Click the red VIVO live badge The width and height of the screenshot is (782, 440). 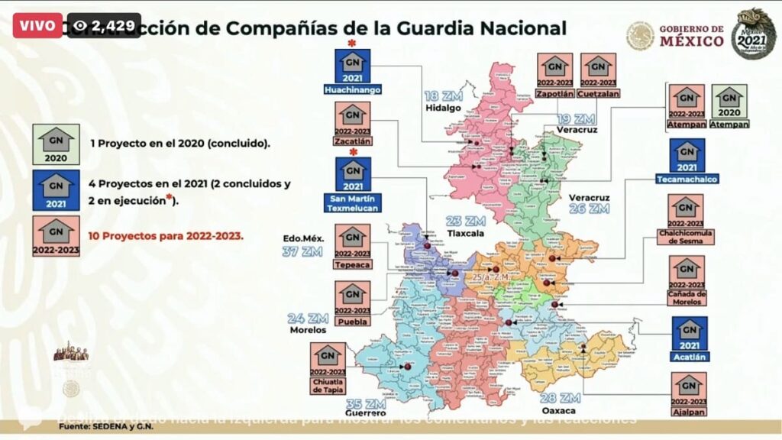36,24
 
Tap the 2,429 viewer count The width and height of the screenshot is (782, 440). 104,25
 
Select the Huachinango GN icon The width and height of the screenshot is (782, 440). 352,66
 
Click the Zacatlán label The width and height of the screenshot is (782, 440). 352,141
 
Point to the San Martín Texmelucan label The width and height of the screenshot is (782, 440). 352,202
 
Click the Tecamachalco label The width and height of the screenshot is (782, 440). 688,179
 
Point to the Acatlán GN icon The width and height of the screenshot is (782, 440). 688,335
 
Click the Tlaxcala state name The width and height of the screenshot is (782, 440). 466,234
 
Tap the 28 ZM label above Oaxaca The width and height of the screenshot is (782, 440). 562,398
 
